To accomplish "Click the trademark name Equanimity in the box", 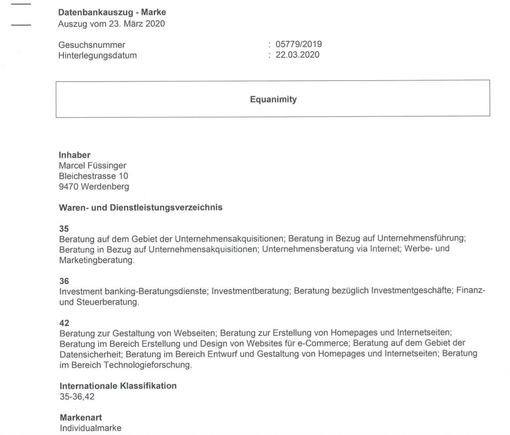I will coord(273,100).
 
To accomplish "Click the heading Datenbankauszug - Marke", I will coord(112,12).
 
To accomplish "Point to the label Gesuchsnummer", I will coord(92,45).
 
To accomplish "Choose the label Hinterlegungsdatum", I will coord(98,56).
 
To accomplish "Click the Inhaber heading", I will coord(75,155).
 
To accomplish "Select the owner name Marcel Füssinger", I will coord(93,165).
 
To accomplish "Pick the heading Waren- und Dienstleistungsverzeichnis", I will coord(140,208).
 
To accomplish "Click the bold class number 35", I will coord(64,229).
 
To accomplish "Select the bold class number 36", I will coord(64,281).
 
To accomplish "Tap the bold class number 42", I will coord(64,322).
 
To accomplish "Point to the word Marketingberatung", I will coord(96,260).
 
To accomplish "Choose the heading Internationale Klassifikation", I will coord(118,386).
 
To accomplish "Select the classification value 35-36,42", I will coord(77,396).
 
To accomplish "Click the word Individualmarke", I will coord(90,428).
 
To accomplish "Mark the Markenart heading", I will coord(81,417).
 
